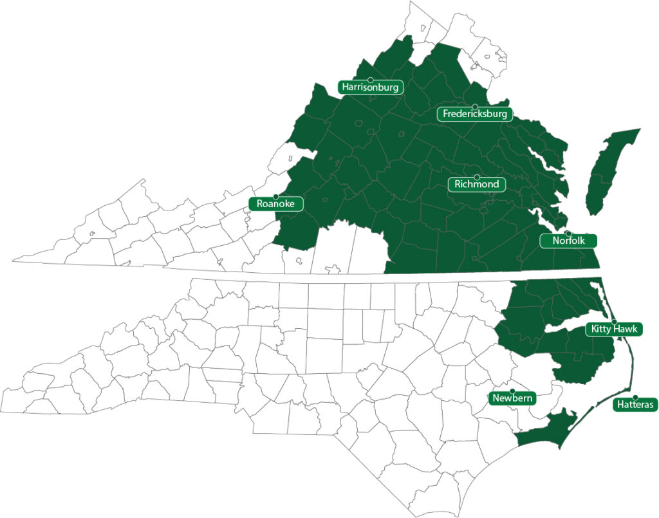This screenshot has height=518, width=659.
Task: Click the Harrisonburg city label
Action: click(x=371, y=87)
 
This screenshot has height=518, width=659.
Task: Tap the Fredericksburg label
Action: click(x=475, y=115)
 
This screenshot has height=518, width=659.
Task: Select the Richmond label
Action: click(x=476, y=185)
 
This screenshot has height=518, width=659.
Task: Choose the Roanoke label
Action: click(x=275, y=204)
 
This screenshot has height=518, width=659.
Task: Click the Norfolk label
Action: click(x=568, y=241)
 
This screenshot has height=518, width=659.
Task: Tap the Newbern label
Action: click(x=512, y=398)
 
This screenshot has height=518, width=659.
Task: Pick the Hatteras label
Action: click(x=635, y=405)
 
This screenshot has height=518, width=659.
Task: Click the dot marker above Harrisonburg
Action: click(x=371, y=80)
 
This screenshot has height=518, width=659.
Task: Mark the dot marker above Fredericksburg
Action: click(x=475, y=107)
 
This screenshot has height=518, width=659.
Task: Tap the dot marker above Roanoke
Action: click(x=275, y=196)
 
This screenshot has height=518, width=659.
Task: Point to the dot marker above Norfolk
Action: click(x=568, y=233)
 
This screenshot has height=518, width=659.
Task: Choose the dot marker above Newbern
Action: click(x=512, y=391)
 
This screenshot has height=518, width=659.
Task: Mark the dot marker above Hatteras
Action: click(x=635, y=397)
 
